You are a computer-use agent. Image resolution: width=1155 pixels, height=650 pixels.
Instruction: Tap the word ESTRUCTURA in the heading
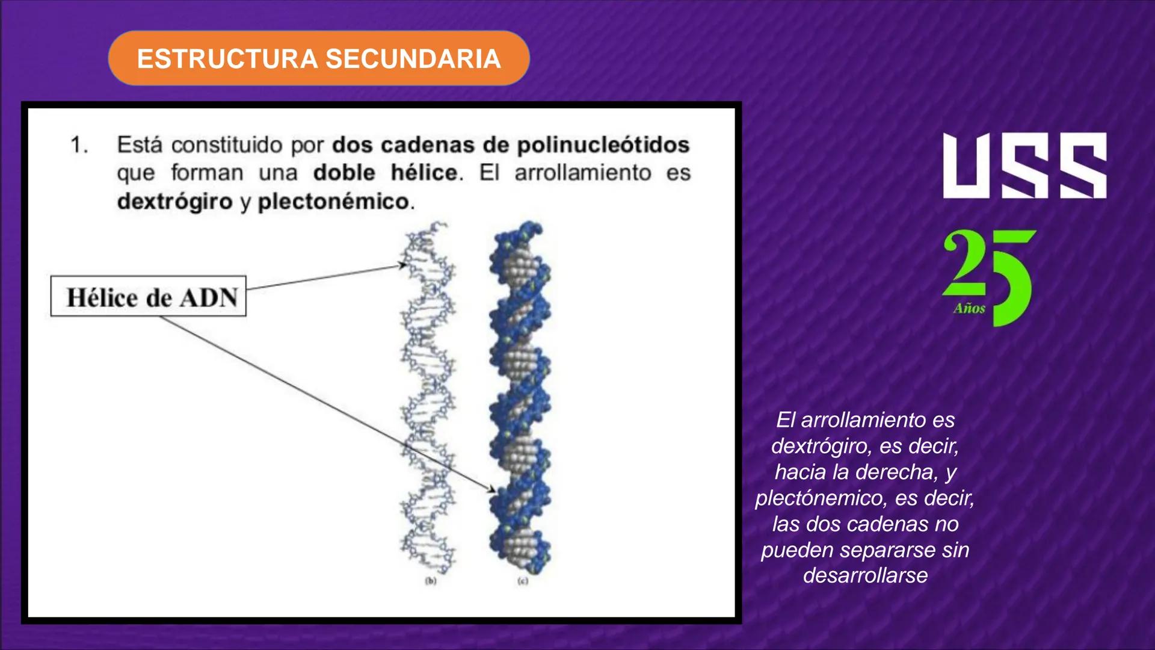tap(227, 59)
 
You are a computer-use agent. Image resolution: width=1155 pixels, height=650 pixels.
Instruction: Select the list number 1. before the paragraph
tap(79, 145)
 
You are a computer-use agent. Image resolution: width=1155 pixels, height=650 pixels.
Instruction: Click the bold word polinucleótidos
tap(603, 145)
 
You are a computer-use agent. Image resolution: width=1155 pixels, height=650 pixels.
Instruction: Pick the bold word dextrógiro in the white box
tap(174, 201)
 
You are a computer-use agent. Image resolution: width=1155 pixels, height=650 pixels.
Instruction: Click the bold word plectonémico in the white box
tap(333, 201)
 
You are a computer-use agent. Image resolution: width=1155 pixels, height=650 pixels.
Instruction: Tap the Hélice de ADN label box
tap(149, 296)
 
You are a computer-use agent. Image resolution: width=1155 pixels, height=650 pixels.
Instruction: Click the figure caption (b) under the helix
tap(431, 581)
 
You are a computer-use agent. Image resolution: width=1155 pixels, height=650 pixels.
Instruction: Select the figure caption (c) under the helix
tap(523, 581)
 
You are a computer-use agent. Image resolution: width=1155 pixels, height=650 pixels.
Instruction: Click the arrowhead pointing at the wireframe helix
tap(403, 265)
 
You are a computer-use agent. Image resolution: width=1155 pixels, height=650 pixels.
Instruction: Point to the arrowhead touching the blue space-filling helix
tap(492, 490)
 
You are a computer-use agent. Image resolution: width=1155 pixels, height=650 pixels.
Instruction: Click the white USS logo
tap(1024, 166)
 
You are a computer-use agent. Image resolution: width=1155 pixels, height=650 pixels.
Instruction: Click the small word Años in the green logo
tap(969, 309)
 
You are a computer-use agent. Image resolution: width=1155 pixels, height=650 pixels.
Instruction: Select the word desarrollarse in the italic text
tap(865, 575)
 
